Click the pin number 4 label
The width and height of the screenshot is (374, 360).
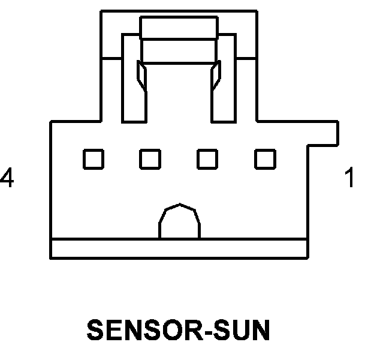[x=7, y=178]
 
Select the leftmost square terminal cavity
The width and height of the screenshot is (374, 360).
[x=93, y=158]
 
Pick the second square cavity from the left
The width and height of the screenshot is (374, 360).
[x=150, y=158]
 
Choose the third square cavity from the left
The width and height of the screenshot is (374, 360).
[x=207, y=158]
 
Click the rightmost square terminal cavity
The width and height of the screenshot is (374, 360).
[x=265, y=158]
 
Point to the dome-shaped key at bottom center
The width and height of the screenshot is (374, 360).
[x=179, y=222]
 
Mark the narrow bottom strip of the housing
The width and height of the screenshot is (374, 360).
[x=179, y=248]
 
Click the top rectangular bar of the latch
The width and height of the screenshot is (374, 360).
[x=179, y=28]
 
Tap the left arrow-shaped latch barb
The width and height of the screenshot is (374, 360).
[x=141, y=76]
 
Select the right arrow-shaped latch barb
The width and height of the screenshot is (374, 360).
[x=216, y=76]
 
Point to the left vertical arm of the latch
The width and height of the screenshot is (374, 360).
[x=132, y=90]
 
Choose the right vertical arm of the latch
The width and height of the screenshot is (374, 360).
[x=224, y=90]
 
